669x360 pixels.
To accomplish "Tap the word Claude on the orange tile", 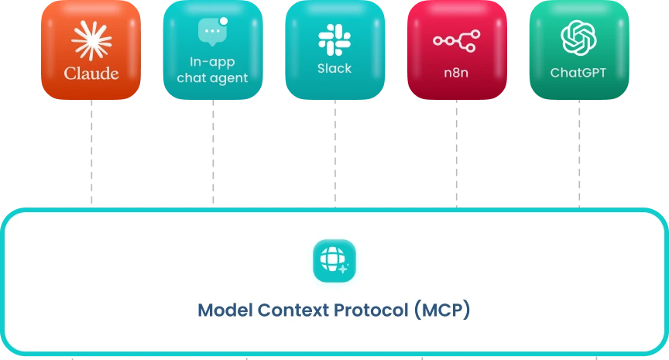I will click(91, 74).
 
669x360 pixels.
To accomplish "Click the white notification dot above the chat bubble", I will click(224, 20).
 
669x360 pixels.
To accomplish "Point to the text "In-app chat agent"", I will click(212, 69).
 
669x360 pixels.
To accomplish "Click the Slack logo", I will click(334, 39).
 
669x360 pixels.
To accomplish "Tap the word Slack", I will click(334, 68).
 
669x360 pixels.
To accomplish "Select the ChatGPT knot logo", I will click(578, 37).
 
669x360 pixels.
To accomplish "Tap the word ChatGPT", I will click(578, 72).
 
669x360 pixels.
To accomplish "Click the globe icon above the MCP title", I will click(334, 260).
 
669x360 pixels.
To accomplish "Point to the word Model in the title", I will click(223, 311).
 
